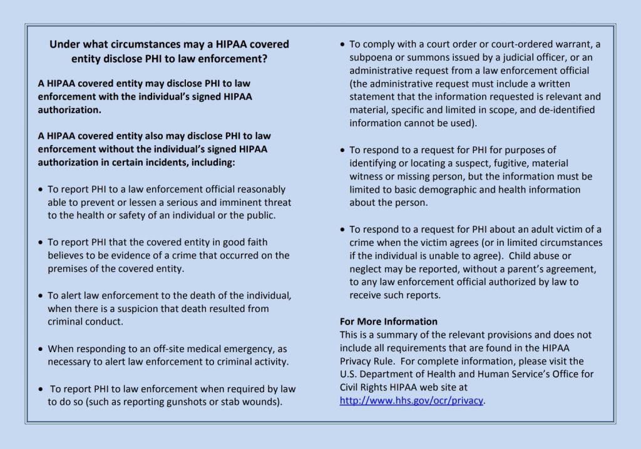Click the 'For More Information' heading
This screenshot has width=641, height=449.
pyautogui.click(x=389, y=321)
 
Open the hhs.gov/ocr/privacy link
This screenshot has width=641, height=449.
pyautogui.click(x=411, y=400)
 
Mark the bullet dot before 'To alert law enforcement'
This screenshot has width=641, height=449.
pyautogui.click(x=41, y=296)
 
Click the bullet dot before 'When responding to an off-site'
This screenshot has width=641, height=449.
pyautogui.click(x=41, y=349)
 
